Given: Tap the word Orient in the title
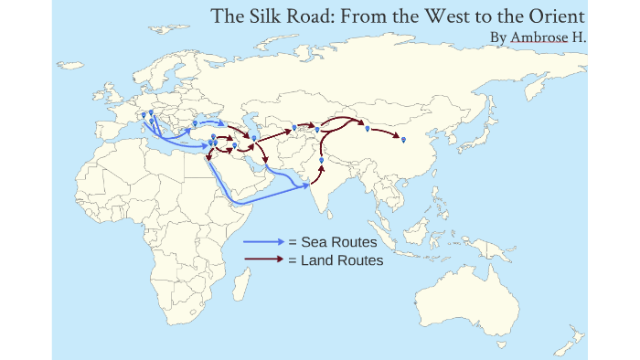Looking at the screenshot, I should pos(553,16).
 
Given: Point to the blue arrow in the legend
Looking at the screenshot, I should pos(264,242).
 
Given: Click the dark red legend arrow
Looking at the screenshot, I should pos(264,259).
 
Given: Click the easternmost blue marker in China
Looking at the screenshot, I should pos(403,138).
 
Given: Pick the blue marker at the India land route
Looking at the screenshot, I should pos(321,160).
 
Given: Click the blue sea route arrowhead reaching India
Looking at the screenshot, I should pos(304,185).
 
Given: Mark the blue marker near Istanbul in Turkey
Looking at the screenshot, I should pos(195,122).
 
